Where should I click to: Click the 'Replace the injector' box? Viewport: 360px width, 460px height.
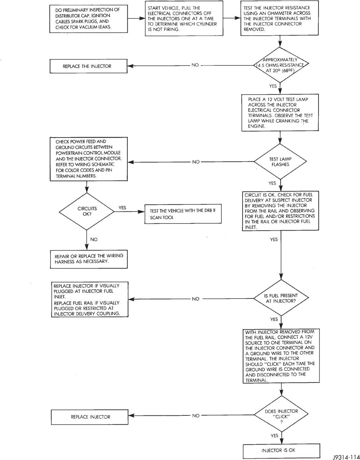[x=88, y=66]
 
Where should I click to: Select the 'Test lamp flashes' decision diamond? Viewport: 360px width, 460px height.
[x=280, y=161]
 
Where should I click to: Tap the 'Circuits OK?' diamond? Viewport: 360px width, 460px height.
[x=87, y=211]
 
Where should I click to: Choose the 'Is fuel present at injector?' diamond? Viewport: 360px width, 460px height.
[x=281, y=298]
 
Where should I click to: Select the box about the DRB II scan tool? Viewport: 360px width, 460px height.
[x=183, y=214]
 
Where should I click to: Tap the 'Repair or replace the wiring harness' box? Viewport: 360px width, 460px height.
[x=89, y=259]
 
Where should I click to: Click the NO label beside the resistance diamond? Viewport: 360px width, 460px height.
[x=195, y=65]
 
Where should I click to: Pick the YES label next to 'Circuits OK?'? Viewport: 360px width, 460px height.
[x=122, y=208]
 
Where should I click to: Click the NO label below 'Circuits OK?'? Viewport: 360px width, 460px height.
[x=94, y=239]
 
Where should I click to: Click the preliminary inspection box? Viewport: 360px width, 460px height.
[x=89, y=19]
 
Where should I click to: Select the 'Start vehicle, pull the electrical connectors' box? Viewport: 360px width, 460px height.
[x=184, y=19]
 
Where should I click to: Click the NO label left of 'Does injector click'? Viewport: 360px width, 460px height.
[x=196, y=415]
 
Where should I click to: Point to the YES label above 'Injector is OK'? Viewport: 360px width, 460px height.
[x=274, y=435]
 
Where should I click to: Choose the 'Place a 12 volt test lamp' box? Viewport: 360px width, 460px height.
[x=280, y=113]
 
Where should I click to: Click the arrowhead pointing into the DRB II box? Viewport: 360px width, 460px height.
[x=141, y=211]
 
